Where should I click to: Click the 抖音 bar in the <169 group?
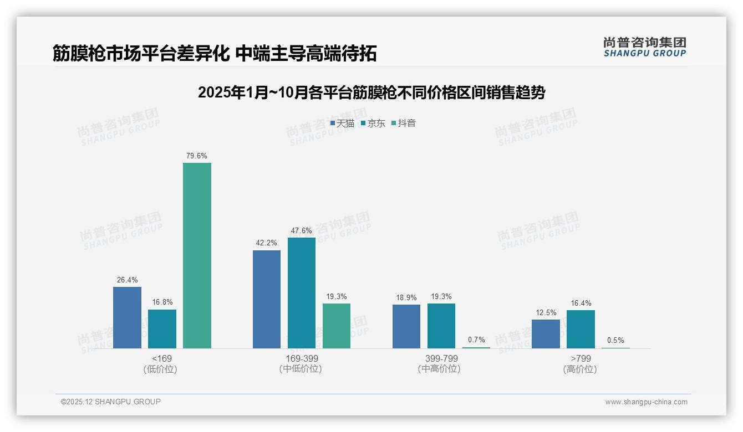[x=197, y=255]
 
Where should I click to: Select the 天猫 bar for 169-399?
[x=267, y=299]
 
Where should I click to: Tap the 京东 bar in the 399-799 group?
[x=441, y=326]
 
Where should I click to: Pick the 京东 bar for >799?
[x=581, y=329]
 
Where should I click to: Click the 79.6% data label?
[x=197, y=156]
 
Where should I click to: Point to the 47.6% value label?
[x=301, y=231]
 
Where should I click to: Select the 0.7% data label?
[x=476, y=340]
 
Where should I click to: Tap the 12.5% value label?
[x=546, y=313]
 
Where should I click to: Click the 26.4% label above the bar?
[x=127, y=280]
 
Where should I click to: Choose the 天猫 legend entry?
[x=342, y=124]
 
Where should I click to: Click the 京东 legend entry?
[x=373, y=124]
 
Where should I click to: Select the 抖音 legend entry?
[x=404, y=124]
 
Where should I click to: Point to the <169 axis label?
[x=161, y=358]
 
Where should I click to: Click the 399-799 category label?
[x=441, y=358]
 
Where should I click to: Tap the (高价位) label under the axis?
[x=581, y=369]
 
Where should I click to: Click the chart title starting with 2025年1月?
[x=371, y=92]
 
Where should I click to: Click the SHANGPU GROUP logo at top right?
[x=644, y=47]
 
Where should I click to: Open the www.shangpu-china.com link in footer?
[x=646, y=402]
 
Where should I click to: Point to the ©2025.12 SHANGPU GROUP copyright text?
[x=111, y=402]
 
